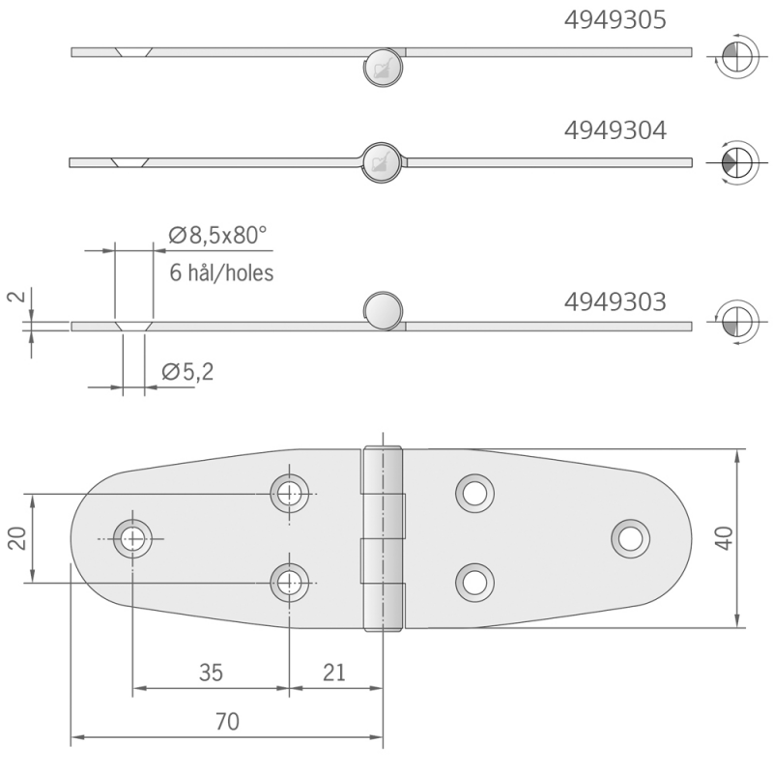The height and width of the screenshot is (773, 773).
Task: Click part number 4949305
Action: pyautogui.click(x=615, y=20)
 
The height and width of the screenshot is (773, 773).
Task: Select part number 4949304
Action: pyautogui.click(x=615, y=130)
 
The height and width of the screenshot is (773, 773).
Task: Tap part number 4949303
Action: pyautogui.click(x=615, y=302)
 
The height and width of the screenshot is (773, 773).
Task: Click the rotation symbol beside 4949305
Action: pyautogui.click(x=733, y=56)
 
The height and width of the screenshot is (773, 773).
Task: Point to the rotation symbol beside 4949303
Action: pyautogui.click(x=733, y=322)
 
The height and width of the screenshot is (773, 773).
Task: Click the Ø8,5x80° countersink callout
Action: pyautogui.click(x=215, y=235)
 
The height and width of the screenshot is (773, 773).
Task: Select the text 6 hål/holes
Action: pyautogui.click(x=221, y=273)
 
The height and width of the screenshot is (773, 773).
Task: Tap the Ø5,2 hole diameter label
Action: pyautogui.click(x=187, y=371)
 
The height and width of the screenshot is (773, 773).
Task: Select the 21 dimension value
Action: pyautogui.click(x=333, y=673)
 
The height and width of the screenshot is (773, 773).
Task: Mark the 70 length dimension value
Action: pyautogui.click(x=227, y=721)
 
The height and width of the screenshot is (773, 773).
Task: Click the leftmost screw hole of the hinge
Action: pyautogui.click(x=132, y=537)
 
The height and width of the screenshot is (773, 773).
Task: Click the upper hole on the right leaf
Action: pyautogui.click(x=472, y=493)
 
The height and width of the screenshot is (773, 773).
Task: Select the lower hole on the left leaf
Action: pyautogui.click(x=289, y=581)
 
